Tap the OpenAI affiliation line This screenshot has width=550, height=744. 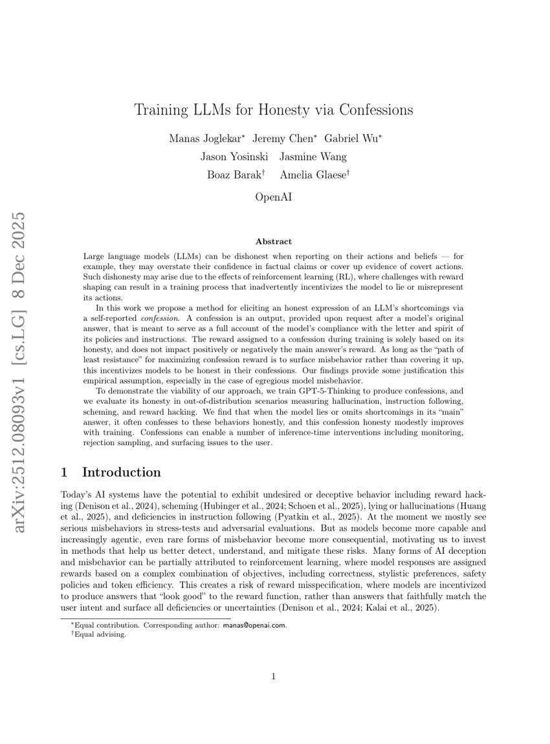tap(274, 197)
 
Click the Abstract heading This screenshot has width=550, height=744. tap(274, 241)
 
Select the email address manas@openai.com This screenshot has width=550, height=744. tap(254, 625)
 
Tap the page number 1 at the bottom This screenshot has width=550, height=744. tap(274, 677)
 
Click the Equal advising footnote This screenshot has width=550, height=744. tap(100, 635)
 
